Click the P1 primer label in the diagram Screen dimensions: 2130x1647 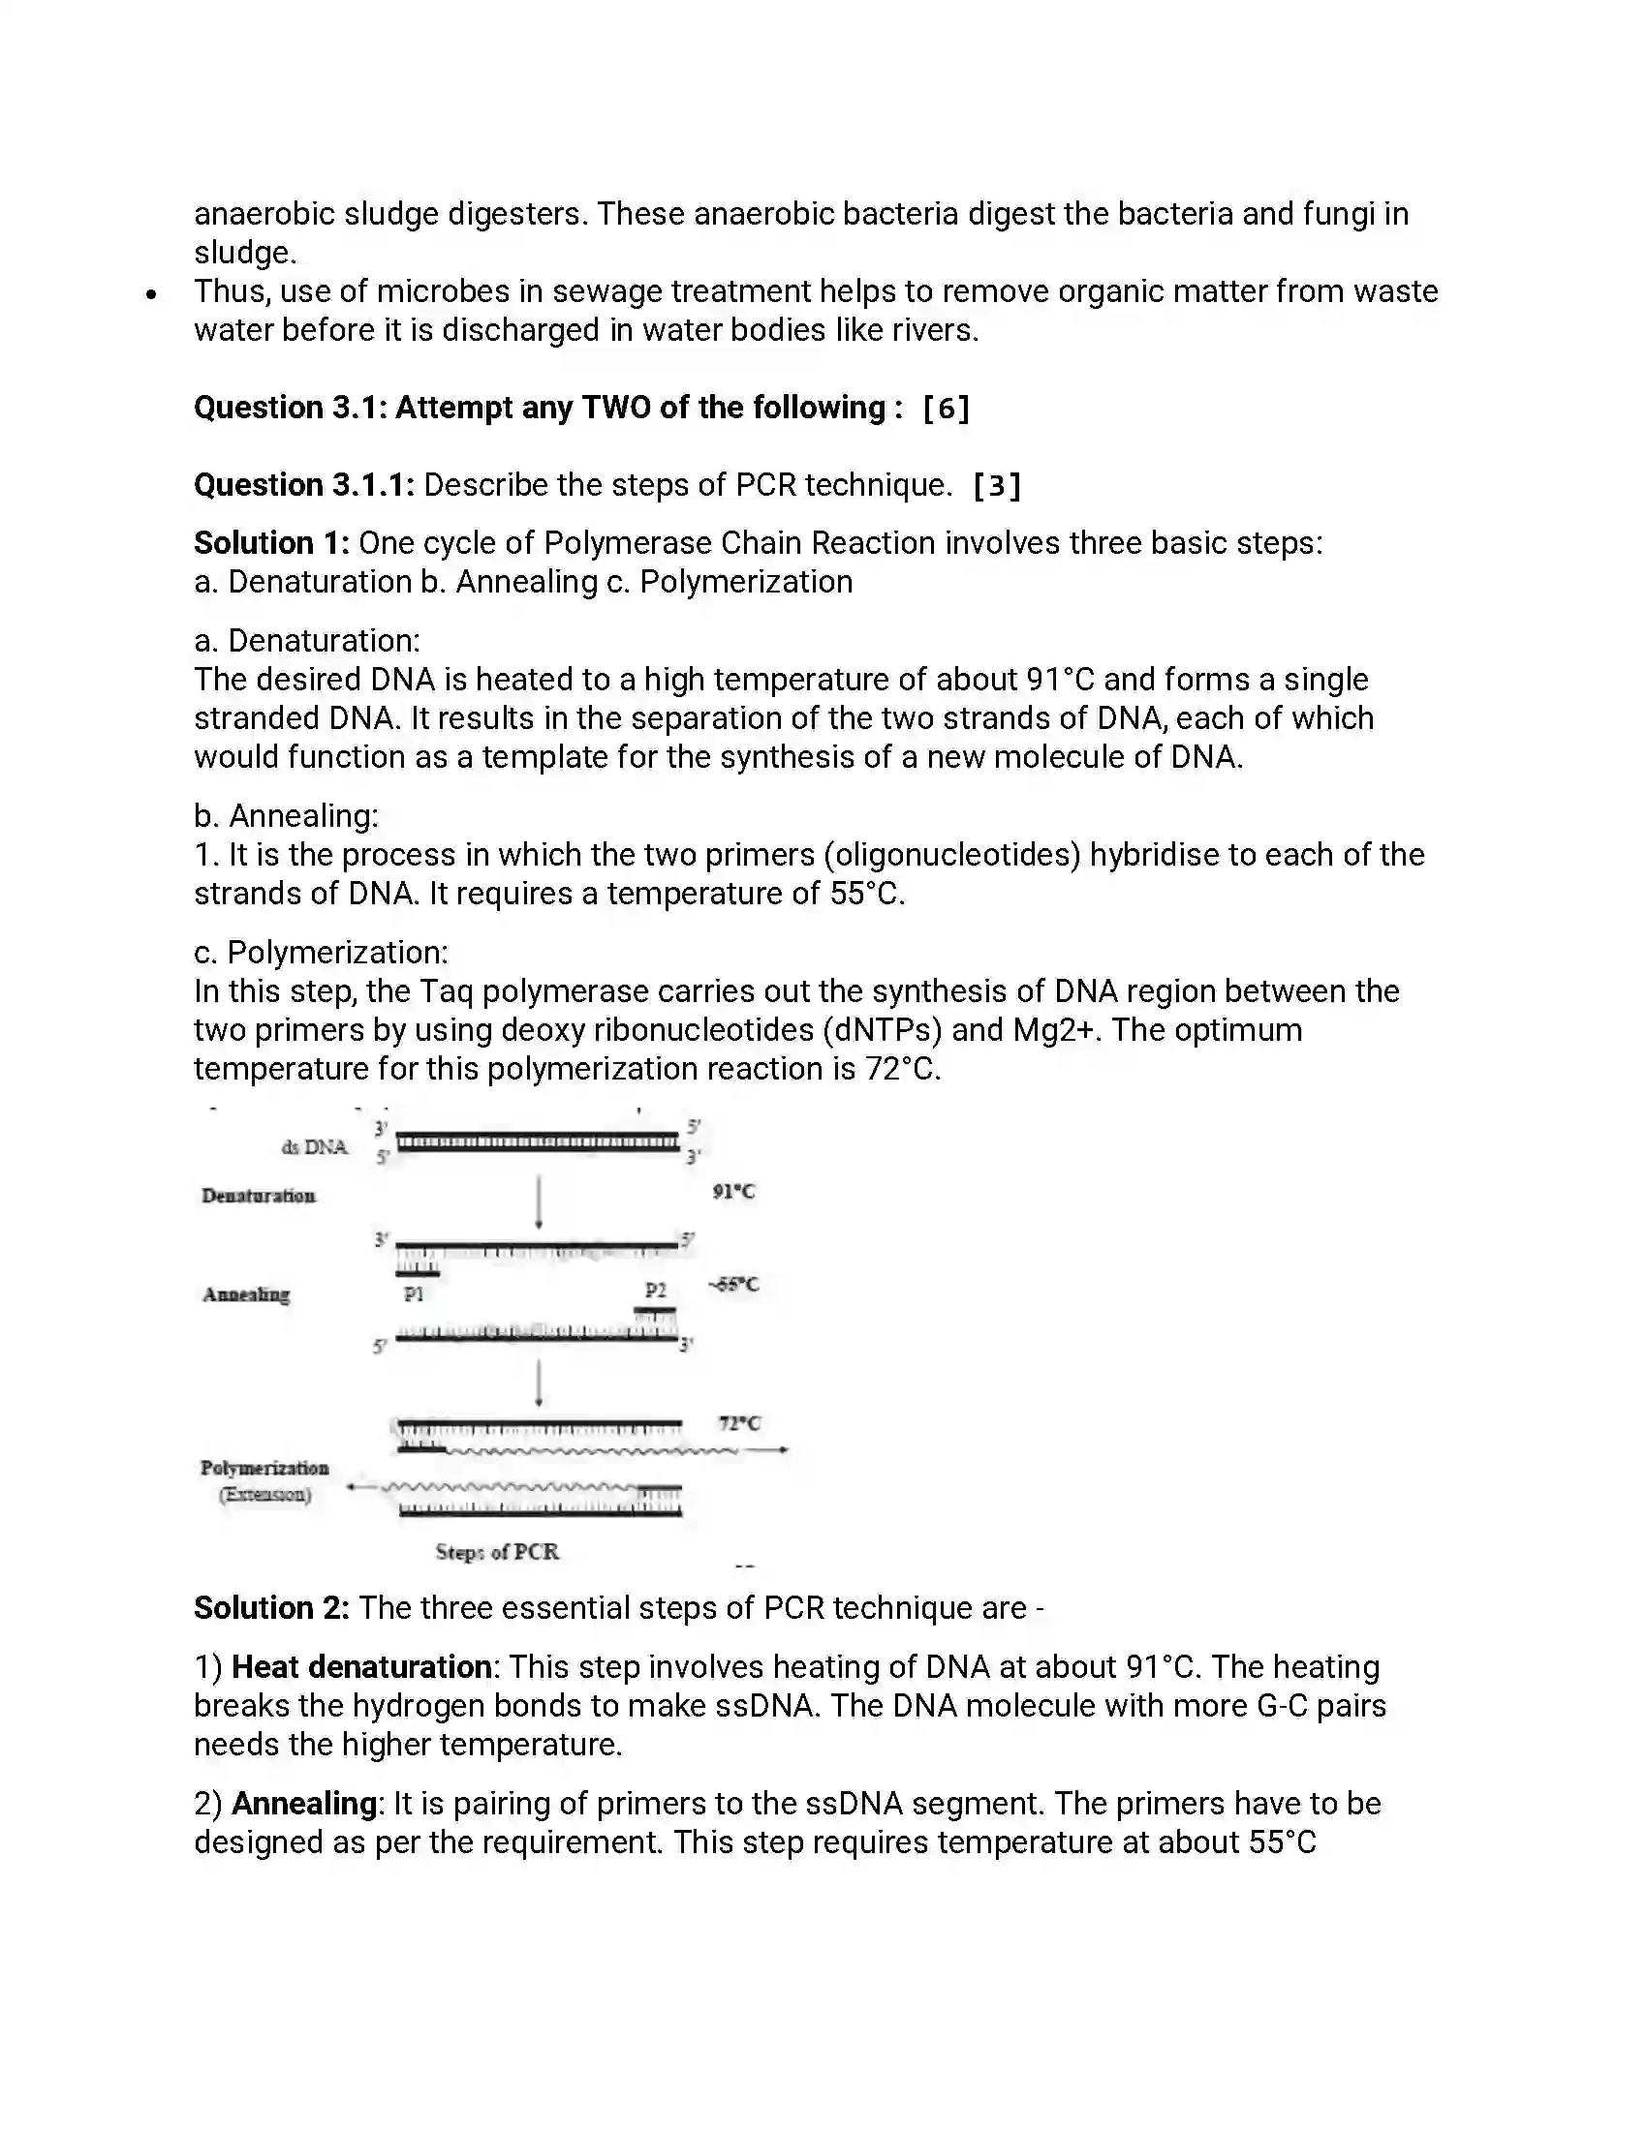[x=414, y=1294]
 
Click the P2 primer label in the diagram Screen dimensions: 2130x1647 [x=656, y=1291]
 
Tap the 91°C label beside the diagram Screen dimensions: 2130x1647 [x=733, y=1191]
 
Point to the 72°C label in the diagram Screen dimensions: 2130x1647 [x=739, y=1423]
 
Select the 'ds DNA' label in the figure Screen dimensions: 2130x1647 [x=314, y=1147]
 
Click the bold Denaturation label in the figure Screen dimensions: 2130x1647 [x=259, y=1196]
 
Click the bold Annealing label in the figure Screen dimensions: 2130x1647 [x=246, y=1295]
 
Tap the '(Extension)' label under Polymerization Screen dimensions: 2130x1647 [x=265, y=1494]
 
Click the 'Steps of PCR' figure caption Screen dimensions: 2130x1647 [x=497, y=1552]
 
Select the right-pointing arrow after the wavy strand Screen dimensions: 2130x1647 [x=769, y=1450]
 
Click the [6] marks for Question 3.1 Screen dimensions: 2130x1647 [x=946, y=408]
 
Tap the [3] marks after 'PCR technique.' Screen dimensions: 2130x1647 [x=997, y=486]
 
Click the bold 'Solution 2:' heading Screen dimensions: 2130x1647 [x=271, y=1608]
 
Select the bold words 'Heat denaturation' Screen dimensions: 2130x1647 [x=361, y=1667]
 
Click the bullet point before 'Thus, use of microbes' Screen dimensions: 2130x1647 [x=150, y=293]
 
